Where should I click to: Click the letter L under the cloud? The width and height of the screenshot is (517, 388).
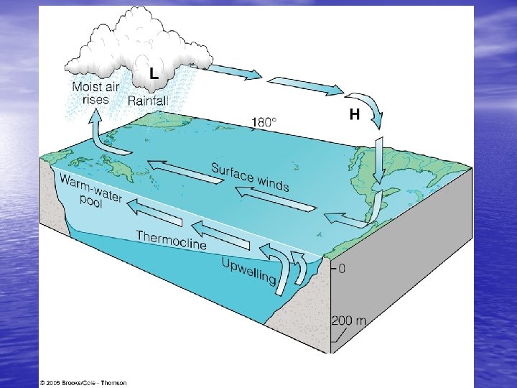point(154,72)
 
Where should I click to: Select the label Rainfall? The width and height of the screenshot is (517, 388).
point(148,101)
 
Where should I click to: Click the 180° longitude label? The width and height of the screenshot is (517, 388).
point(263,122)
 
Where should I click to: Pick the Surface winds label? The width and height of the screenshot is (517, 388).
point(250,177)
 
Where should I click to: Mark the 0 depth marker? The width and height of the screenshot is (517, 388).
point(341,269)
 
